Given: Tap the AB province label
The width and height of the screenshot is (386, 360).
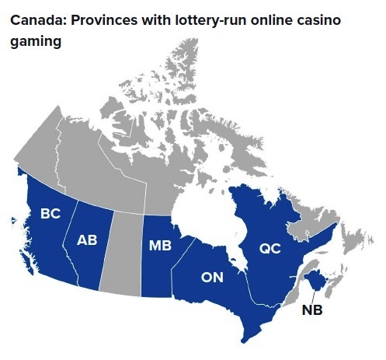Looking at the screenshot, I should tap(87, 240).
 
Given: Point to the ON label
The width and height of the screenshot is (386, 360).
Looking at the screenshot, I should tap(213, 276).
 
